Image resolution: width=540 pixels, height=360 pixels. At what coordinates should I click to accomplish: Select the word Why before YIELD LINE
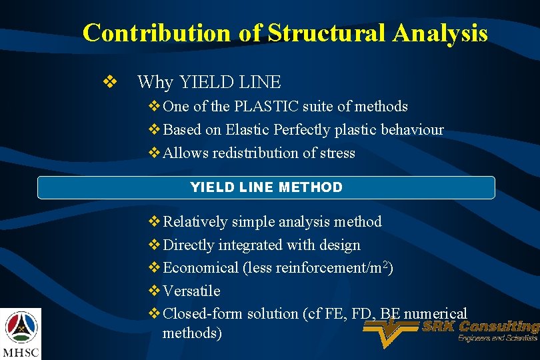point(155,83)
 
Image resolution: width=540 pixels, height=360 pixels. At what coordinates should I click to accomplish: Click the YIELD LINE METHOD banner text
point(266,187)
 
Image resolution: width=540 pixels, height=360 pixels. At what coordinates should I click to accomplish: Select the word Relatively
point(195,222)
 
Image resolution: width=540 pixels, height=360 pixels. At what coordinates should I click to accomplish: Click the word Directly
point(188,245)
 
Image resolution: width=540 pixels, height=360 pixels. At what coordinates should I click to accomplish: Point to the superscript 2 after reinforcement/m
point(386,265)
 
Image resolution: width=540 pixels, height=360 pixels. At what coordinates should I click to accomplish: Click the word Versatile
point(191,291)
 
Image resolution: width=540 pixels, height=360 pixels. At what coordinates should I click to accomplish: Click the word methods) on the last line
point(192,333)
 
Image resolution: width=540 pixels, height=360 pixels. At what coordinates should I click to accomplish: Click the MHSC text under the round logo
point(21,351)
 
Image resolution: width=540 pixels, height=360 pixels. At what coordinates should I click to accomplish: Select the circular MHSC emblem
point(21,327)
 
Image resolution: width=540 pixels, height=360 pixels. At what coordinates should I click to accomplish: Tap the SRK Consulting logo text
point(480,327)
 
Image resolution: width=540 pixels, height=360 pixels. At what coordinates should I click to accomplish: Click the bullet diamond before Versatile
point(153,291)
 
